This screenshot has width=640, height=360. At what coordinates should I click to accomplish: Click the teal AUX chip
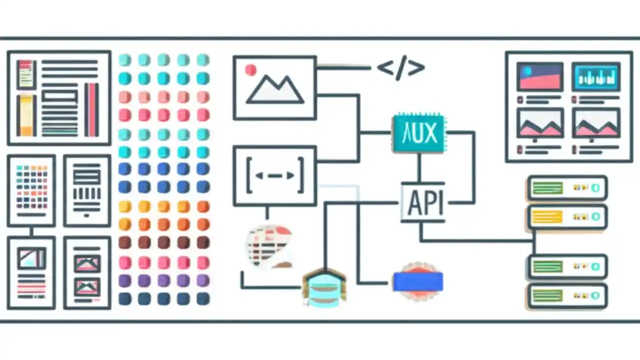(418, 133)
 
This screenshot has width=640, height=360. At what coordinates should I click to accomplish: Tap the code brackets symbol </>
(400, 68)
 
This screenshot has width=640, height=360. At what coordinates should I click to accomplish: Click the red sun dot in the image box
(250, 70)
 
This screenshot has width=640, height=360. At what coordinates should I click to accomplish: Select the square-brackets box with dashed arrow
(274, 175)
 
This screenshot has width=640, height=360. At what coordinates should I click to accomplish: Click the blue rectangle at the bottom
(417, 281)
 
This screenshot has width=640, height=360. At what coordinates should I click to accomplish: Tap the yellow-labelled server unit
(567, 217)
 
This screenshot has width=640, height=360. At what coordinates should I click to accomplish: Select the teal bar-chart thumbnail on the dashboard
(595, 76)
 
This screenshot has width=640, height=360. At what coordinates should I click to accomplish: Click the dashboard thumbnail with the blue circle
(539, 76)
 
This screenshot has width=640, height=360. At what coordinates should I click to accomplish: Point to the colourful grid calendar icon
(31, 187)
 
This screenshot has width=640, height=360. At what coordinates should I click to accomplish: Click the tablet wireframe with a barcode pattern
(87, 190)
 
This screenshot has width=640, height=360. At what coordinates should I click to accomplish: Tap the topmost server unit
(567, 188)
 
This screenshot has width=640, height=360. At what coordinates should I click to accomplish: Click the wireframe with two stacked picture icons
(87, 273)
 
